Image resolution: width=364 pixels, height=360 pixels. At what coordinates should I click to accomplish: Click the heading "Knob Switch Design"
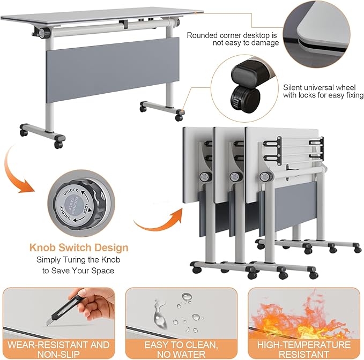79,247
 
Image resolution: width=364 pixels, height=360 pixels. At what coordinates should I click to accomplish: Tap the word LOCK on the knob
86,208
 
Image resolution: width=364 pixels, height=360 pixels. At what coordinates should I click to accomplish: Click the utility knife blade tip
47,325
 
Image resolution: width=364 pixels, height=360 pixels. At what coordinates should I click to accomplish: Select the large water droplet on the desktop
160,315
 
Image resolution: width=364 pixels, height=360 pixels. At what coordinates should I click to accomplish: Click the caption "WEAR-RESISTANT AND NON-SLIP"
58,349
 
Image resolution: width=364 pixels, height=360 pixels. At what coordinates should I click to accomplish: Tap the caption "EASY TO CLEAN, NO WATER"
181,349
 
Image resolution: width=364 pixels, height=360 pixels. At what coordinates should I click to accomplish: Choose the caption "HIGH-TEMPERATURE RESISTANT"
304,349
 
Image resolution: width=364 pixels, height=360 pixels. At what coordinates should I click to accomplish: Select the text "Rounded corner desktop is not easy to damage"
233,39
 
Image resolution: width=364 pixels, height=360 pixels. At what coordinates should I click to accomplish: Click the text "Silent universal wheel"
319,87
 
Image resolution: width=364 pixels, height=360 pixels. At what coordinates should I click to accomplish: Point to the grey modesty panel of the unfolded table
113,70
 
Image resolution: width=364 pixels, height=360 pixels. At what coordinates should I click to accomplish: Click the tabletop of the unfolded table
102,16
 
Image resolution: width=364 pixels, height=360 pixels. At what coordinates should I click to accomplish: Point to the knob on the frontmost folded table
264,177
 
